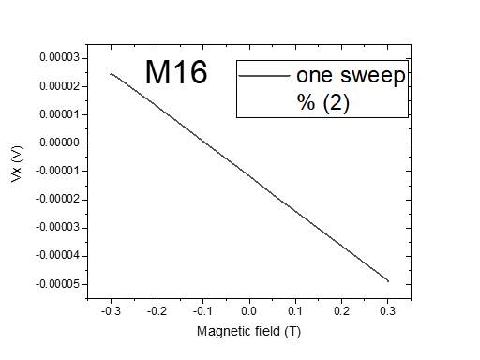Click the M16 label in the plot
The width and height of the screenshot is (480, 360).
pos(175,72)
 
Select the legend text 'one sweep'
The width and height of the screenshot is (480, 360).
pos(351,76)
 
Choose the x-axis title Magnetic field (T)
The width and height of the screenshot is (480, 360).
pos(248,331)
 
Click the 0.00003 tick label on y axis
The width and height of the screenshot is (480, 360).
pos(59,58)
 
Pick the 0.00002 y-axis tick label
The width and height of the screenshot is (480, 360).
pos(59,86)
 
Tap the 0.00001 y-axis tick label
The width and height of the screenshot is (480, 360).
pos(59,114)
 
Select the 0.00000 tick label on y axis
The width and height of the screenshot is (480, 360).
pos(59,142)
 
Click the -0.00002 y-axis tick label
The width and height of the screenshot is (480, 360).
pos(57,199)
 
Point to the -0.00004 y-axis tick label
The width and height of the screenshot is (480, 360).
pos(57,255)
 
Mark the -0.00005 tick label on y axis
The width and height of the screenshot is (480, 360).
pos(57,283)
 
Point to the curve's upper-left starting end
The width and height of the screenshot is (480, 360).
pos(111,73)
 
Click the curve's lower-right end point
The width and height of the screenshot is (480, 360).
pos(388,280)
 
